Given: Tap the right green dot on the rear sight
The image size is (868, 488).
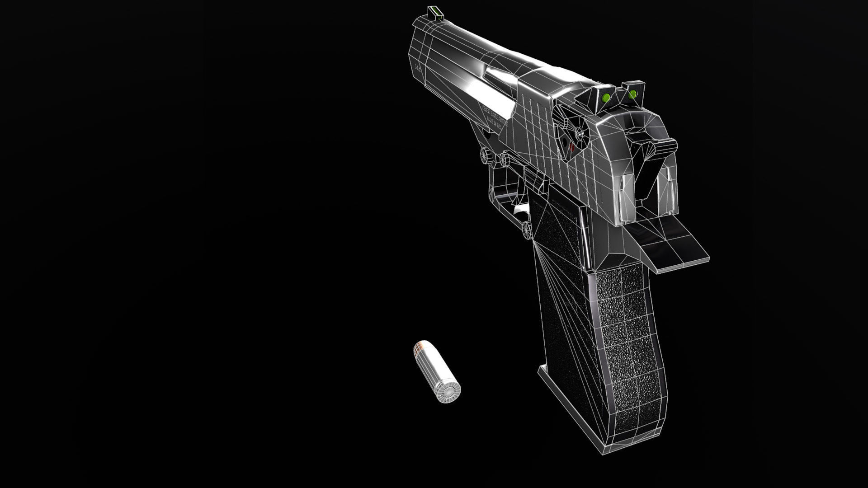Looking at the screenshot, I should point(633,94).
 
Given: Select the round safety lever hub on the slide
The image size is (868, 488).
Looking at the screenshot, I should point(579,133).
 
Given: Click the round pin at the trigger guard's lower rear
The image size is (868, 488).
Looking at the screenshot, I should point(527,230).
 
